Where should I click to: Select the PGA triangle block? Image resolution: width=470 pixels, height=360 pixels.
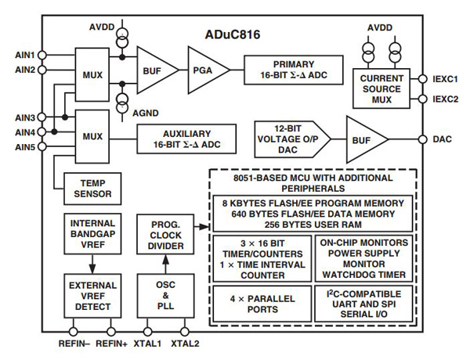pos(206,68)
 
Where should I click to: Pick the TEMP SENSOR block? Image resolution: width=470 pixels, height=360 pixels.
pos(92,187)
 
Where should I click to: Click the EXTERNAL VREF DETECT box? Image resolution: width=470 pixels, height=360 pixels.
pos(92,295)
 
